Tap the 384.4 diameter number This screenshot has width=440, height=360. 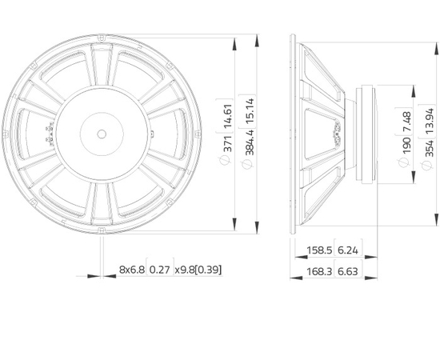tap(250, 142)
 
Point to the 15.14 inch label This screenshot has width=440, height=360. tap(250, 110)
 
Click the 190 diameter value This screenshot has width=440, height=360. tap(407, 146)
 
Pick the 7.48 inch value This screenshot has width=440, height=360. tap(407, 122)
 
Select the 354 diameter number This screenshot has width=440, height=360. tap(430, 148)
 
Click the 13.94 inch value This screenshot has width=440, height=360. tap(430, 121)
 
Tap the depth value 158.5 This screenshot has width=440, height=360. tap(319, 250)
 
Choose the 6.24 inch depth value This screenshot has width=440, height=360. tap(348, 250)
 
